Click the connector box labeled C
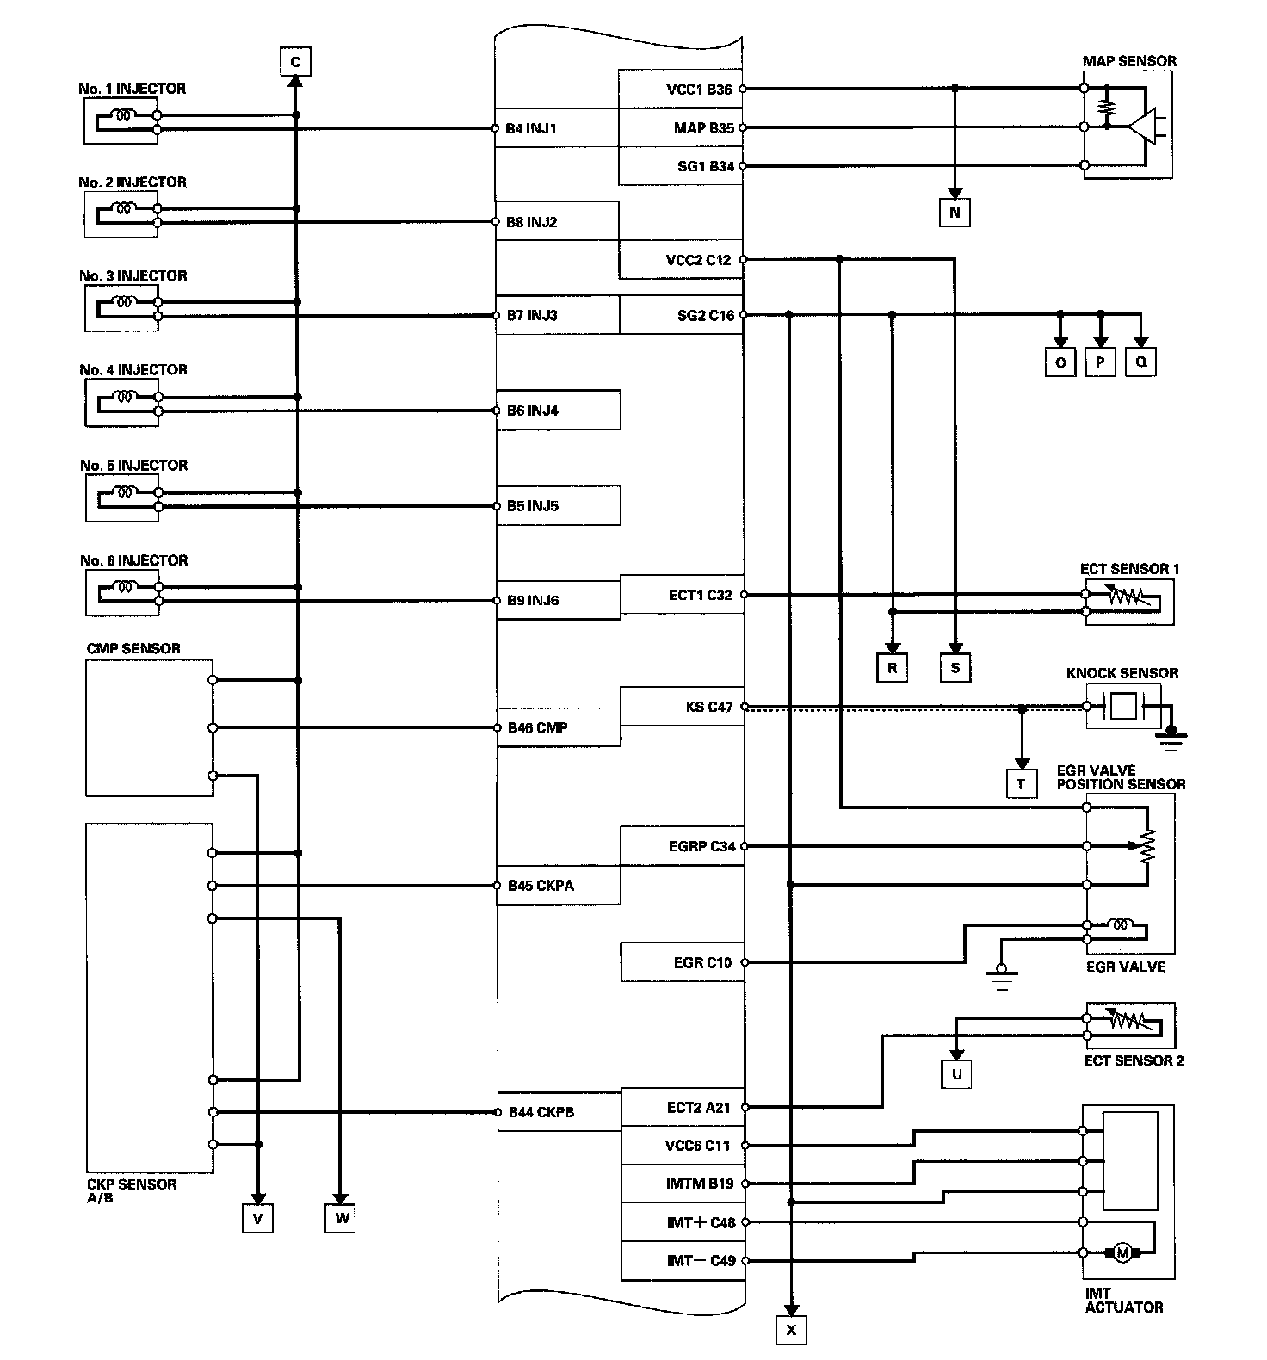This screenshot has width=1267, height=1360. [295, 62]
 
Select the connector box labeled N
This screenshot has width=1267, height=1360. [955, 212]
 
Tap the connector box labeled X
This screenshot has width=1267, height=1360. [791, 1330]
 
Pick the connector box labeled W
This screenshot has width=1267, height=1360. [341, 1218]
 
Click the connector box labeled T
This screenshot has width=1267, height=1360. [1021, 784]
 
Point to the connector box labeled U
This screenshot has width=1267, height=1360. [956, 1073]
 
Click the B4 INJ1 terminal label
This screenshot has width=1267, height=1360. [531, 129]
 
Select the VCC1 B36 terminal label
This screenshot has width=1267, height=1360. [699, 90]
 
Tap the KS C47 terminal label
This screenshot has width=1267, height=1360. [709, 707]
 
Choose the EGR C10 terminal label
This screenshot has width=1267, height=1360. [702, 962]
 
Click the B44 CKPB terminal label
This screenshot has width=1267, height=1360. [541, 1112]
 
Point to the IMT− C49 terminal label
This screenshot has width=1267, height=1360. [701, 1261]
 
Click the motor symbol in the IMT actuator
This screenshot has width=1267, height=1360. [1122, 1252]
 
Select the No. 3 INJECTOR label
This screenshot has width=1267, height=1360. [133, 275]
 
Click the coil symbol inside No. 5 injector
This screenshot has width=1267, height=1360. [126, 493]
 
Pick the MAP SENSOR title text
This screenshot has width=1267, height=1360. [1129, 61]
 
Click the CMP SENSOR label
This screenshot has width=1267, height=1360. [133, 648]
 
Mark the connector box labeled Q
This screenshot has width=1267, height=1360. [1140, 362]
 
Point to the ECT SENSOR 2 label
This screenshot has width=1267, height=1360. [1134, 1060]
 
